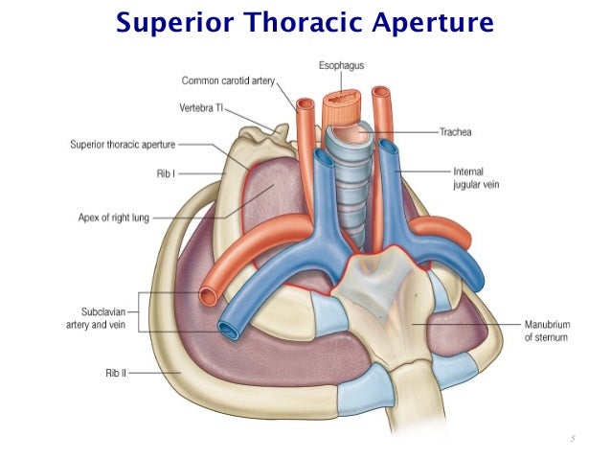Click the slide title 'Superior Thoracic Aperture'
point(305,22)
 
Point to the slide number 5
point(572,439)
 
